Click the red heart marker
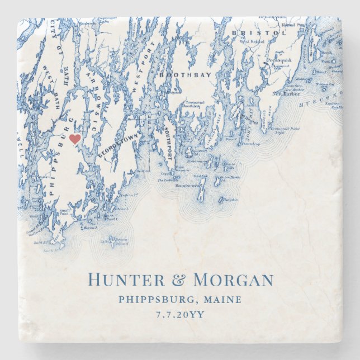pyautogui.click(x=75, y=139)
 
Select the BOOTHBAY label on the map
pyautogui.click(x=178, y=73)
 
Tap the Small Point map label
pyautogui.click(x=66, y=211)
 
